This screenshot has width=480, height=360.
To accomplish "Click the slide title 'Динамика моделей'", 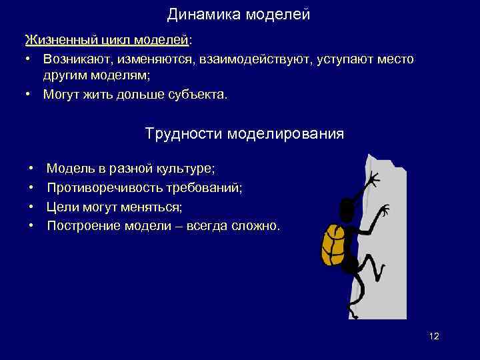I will [x=239, y=13].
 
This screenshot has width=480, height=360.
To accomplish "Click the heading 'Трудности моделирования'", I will [x=245, y=134].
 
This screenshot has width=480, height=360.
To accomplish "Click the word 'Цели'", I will [x=62, y=207].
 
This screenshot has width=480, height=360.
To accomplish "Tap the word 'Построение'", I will [x=79, y=226].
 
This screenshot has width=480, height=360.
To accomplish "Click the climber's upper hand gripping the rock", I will [x=372, y=179].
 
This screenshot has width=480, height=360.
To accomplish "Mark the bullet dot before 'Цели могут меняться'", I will [x=31, y=207].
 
